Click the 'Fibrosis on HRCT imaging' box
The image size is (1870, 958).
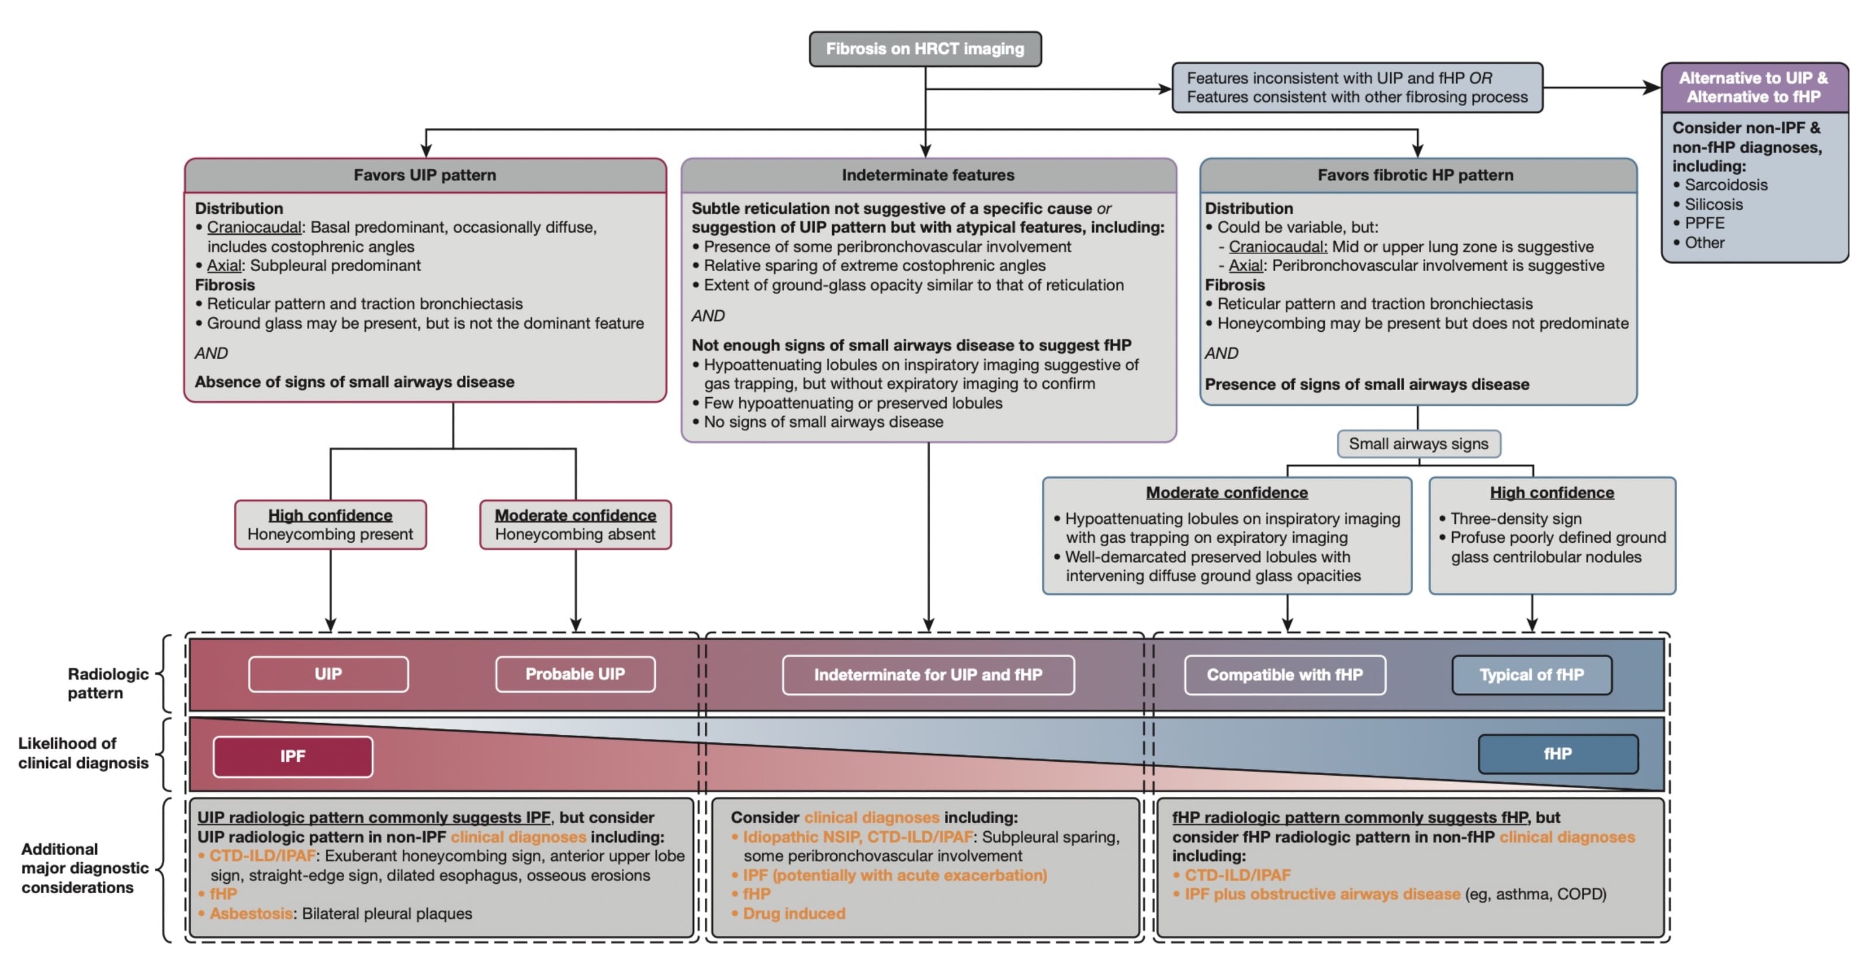(x=925, y=48)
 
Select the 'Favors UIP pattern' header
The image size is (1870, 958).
(x=425, y=175)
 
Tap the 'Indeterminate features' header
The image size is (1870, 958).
(x=928, y=175)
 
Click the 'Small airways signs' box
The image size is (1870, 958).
(x=1418, y=443)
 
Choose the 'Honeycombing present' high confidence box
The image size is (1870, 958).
(x=330, y=525)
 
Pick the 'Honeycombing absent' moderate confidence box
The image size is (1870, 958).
(x=575, y=525)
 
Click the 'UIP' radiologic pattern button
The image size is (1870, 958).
(x=328, y=674)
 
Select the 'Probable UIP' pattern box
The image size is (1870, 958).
(x=575, y=674)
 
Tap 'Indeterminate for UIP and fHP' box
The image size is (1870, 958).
(x=928, y=675)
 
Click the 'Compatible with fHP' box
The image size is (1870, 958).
(x=1284, y=675)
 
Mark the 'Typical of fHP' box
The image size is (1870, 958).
(x=1532, y=675)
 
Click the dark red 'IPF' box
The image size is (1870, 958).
(x=293, y=756)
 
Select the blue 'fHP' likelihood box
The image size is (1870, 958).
(x=1558, y=754)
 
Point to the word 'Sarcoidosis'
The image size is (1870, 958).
(x=1726, y=185)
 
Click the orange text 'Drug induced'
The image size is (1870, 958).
(x=794, y=914)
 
